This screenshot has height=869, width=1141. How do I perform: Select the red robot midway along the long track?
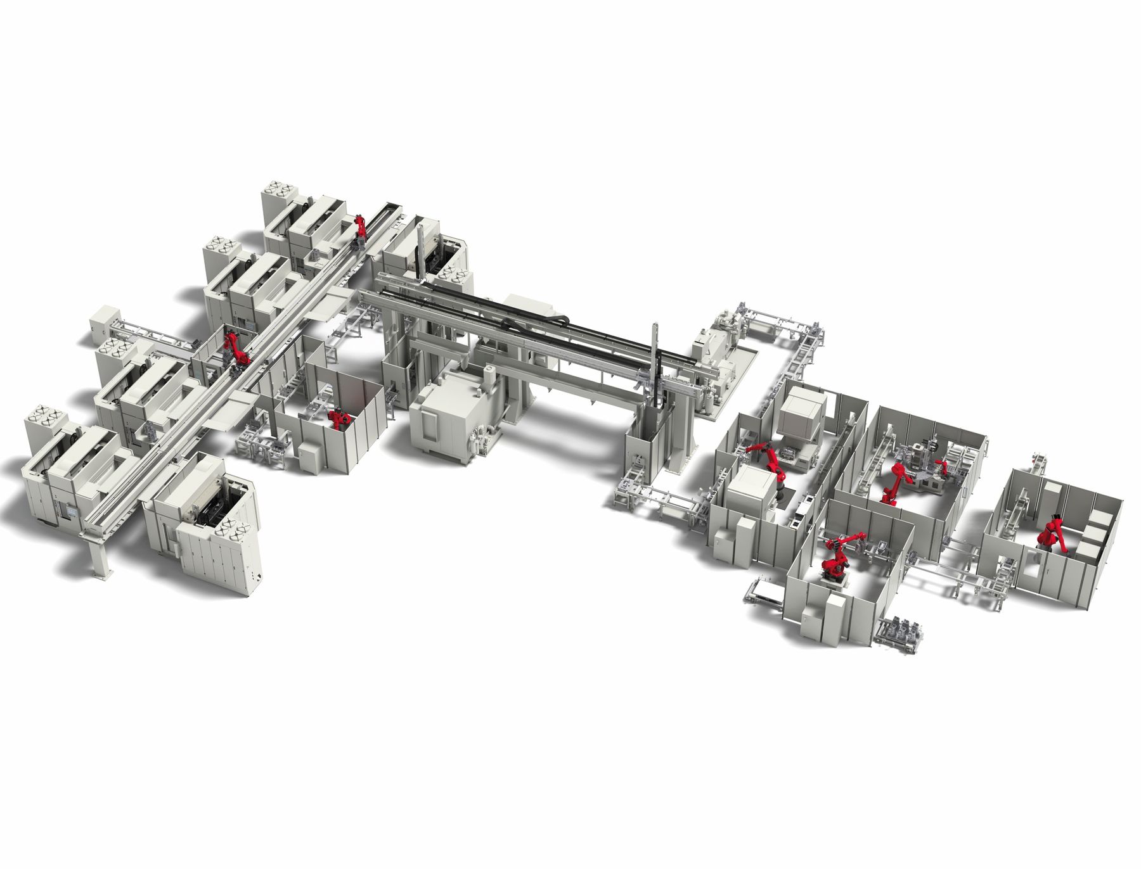(235, 347)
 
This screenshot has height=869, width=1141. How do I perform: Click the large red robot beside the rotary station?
(895, 481)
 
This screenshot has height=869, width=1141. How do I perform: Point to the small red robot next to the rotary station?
(942, 467)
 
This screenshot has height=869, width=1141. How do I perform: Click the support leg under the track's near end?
(100, 557)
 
